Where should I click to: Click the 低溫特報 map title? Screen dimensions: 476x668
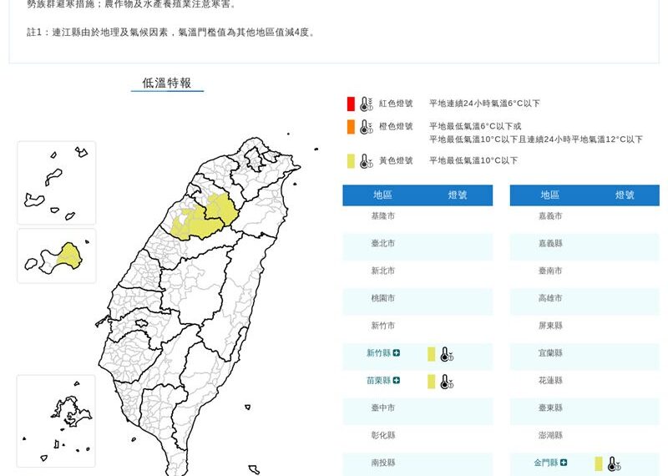click(167, 83)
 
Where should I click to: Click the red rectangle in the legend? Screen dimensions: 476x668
click(352, 104)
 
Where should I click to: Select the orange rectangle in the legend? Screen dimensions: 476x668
click(352, 127)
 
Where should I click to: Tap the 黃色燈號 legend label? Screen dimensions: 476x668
click(396, 160)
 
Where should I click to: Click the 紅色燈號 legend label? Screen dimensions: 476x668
click(396, 104)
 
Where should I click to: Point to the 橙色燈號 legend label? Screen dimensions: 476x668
click(396, 127)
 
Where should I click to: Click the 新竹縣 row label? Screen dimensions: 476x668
click(378, 353)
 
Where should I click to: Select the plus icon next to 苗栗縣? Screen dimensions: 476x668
click(397, 381)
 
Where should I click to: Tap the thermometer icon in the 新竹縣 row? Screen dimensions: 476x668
click(447, 354)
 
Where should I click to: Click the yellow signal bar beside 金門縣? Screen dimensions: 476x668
click(598, 463)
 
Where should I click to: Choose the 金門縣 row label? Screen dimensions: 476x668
click(545, 463)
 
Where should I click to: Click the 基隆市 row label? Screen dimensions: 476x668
click(383, 216)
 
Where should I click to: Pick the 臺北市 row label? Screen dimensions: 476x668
click(383, 244)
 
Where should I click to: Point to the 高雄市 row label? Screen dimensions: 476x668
click(550, 298)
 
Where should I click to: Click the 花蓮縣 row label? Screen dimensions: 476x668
click(550, 381)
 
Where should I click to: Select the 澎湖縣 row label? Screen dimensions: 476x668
click(550, 435)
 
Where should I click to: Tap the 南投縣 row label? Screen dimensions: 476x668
click(383, 463)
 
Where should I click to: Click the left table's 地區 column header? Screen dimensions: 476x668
click(383, 195)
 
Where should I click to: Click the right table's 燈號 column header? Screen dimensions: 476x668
click(625, 195)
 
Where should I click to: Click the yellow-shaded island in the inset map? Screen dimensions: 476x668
click(68, 254)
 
